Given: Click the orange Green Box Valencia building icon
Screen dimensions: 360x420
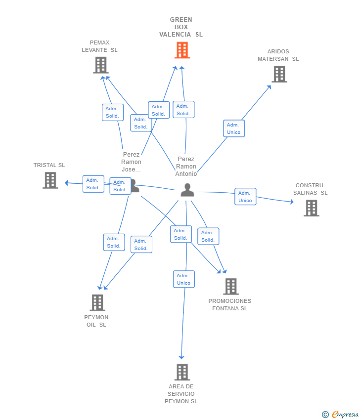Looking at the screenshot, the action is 182,50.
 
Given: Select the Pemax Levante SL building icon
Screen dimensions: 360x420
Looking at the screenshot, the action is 101,65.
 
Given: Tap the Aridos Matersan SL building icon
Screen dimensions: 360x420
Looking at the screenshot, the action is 279,74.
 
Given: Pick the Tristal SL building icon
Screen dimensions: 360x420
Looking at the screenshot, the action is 50,180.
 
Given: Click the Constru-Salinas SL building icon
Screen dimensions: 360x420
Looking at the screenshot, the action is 312,208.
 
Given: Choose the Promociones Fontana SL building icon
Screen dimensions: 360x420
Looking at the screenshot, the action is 231,286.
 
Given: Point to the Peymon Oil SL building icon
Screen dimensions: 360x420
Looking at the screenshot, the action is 97,303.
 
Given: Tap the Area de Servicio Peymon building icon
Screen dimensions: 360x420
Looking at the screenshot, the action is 182,372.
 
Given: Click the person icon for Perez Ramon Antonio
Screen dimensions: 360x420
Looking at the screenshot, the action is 187,190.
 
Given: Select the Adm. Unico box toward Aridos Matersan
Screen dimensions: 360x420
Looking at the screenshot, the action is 234,128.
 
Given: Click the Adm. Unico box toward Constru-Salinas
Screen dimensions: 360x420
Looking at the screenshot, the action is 246,197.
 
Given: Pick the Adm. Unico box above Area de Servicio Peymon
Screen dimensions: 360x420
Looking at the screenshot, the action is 184,279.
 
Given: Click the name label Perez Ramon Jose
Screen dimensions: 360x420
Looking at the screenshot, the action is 131,162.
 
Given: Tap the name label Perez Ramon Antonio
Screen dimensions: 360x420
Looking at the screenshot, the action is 186,167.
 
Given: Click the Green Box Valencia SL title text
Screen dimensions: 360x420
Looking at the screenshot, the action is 181,27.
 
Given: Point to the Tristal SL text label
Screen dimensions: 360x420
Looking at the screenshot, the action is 49,165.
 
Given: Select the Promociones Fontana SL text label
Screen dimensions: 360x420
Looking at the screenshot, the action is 230,304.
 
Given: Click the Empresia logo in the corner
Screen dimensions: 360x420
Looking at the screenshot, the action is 340,415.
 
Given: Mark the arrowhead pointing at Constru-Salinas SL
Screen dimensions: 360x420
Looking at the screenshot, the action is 292,202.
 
